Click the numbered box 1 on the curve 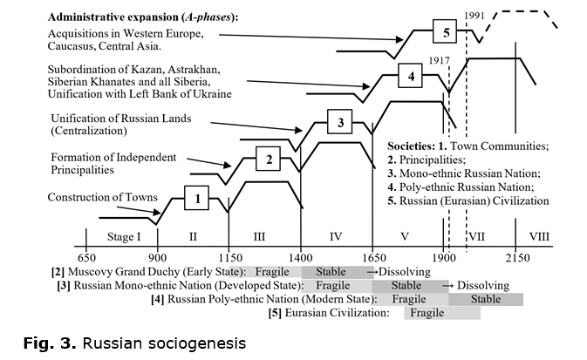[x=196, y=198]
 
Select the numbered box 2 [x=268, y=159]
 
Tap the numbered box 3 [x=339, y=122]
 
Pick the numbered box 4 [x=410, y=76]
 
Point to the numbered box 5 [x=445, y=31]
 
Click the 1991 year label [x=474, y=16]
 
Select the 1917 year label [x=439, y=60]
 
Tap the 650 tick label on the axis [x=86, y=258]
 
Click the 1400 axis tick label [x=301, y=258]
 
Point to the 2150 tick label [x=518, y=258]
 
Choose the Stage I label [x=124, y=237]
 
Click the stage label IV [x=336, y=237]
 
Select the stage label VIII [x=539, y=237]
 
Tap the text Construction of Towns [x=103, y=197]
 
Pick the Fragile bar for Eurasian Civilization [x=442, y=313]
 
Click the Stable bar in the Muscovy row [x=338, y=272]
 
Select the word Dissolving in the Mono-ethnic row [x=483, y=286]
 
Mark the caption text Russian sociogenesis [x=164, y=343]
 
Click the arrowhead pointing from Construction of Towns [x=157, y=212]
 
